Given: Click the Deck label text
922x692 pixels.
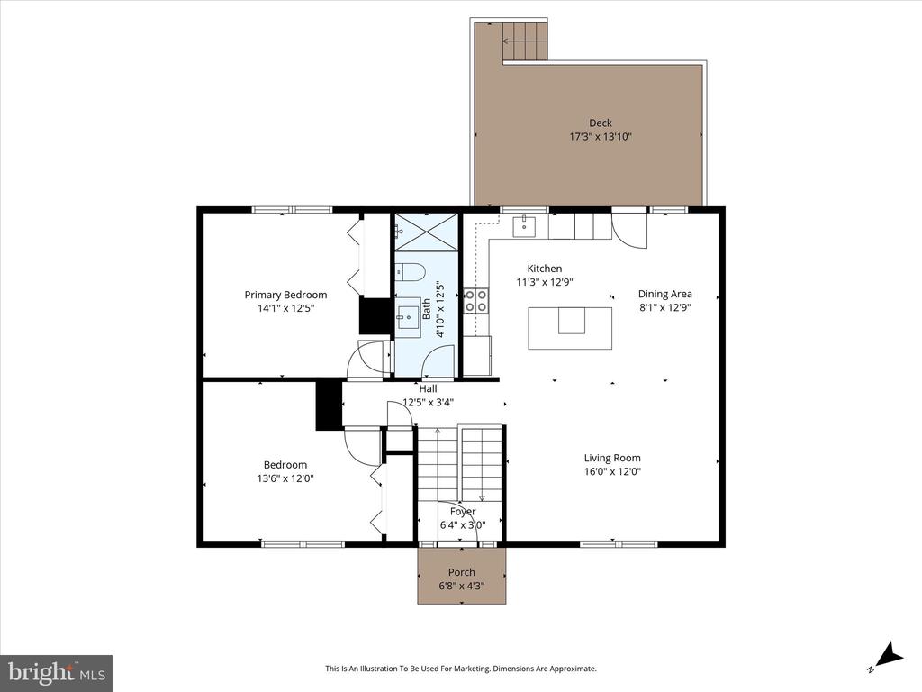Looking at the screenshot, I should click(601, 123).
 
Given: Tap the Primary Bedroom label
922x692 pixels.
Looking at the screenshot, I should click(285, 295).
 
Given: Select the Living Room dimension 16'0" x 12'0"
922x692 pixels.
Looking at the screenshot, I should click(612, 471).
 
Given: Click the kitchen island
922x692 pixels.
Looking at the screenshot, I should click(571, 327).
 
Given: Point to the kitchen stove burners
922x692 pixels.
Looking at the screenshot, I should click(475, 300).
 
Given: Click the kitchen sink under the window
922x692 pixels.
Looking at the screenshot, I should click(525, 225).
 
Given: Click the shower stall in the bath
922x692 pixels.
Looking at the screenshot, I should click(426, 231).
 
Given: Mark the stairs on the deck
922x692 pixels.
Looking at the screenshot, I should click(525, 41).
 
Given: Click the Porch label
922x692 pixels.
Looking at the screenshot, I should click(462, 572).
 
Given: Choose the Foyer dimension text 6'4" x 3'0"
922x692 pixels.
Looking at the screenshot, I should click(463, 525).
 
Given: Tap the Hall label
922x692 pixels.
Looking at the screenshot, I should click(428, 389).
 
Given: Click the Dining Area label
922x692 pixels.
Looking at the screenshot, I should click(664, 294).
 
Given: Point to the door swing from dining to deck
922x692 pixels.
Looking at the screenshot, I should click(630, 230).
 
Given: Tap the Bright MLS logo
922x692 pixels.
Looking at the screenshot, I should click(56, 672).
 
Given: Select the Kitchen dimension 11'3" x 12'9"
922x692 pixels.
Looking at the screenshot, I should click(544, 282).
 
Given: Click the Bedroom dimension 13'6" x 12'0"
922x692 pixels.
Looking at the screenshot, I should click(285, 478).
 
